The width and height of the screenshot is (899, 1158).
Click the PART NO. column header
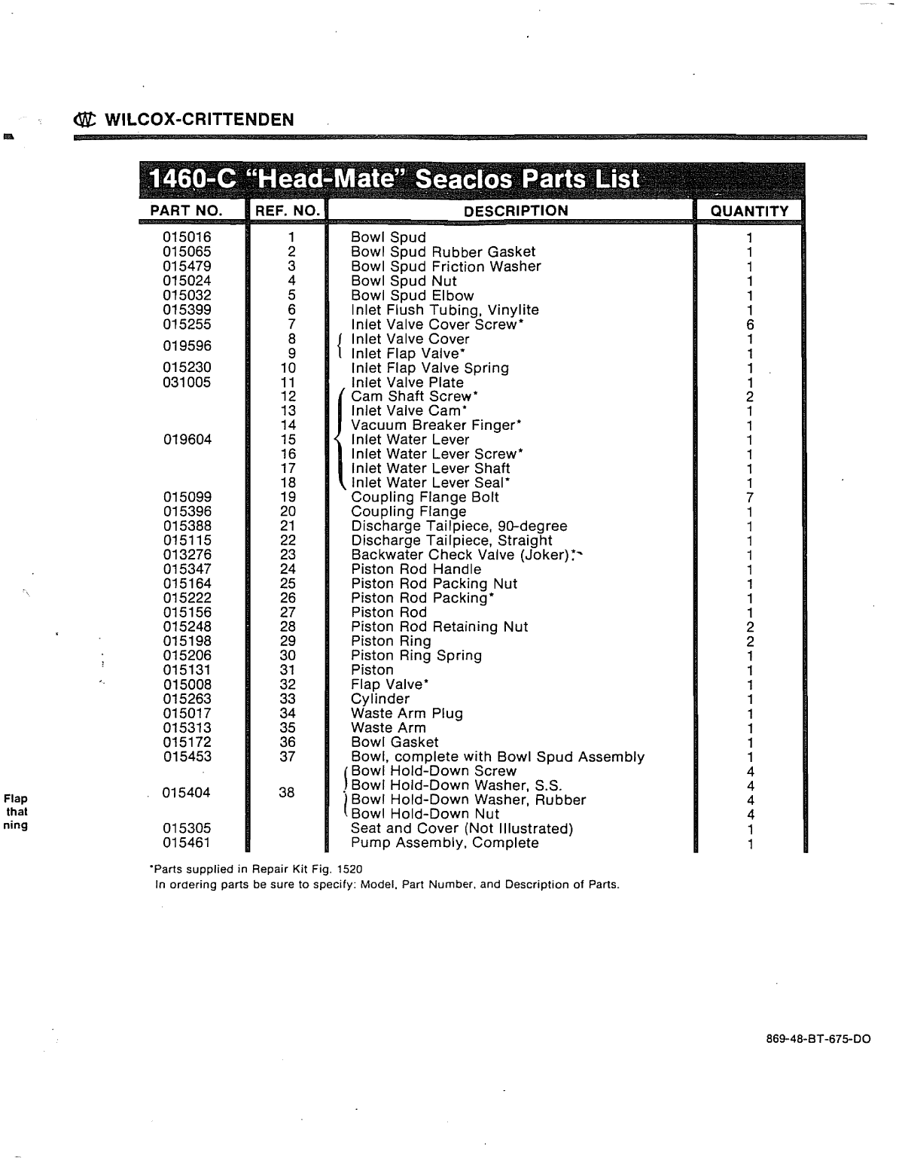pos(187,211)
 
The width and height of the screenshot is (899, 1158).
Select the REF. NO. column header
pos(288,211)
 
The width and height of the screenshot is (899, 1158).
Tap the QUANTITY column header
pos(748,212)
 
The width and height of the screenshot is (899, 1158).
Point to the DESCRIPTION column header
pos(516,211)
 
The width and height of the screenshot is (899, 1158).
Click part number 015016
pos(187,238)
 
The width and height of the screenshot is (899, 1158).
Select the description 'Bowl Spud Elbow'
pos(412,296)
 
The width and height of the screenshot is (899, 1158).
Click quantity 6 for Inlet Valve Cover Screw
pos(749,325)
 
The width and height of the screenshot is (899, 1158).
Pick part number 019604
pos(187,440)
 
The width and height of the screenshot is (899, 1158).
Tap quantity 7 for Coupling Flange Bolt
pos(749,498)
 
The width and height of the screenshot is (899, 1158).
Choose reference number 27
pos(288,613)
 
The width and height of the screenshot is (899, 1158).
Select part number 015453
pos(187,757)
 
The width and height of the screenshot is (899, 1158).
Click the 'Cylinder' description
pos(380,699)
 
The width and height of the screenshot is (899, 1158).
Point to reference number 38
pos(287,793)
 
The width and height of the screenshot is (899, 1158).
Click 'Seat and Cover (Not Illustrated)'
pos(462,829)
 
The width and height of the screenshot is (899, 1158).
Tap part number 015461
pos(187,843)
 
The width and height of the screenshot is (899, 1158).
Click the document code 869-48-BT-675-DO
pos(818,1039)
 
